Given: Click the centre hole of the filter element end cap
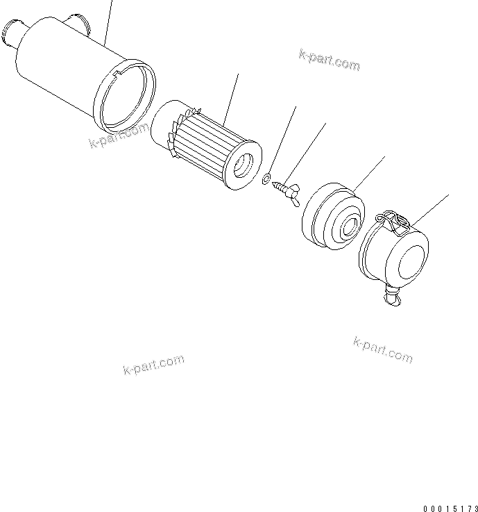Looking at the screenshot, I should pyautogui.click(x=244, y=165).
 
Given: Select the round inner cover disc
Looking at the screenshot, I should pyautogui.click(x=332, y=215).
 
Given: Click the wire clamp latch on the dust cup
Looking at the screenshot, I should pyautogui.click(x=392, y=221).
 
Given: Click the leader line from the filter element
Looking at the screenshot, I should pyautogui.click(x=232, y=97).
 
